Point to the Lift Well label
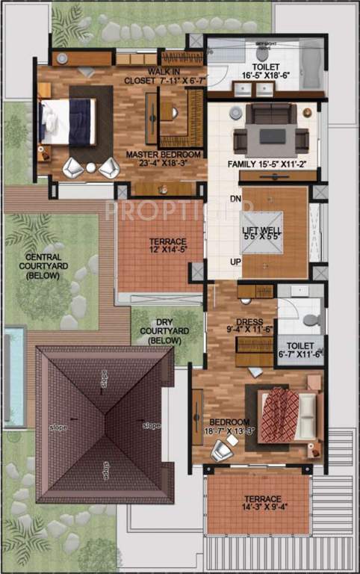[261, 231]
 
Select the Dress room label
[254, 325]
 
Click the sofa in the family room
[270, 114]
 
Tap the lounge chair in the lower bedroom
[222, 450]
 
